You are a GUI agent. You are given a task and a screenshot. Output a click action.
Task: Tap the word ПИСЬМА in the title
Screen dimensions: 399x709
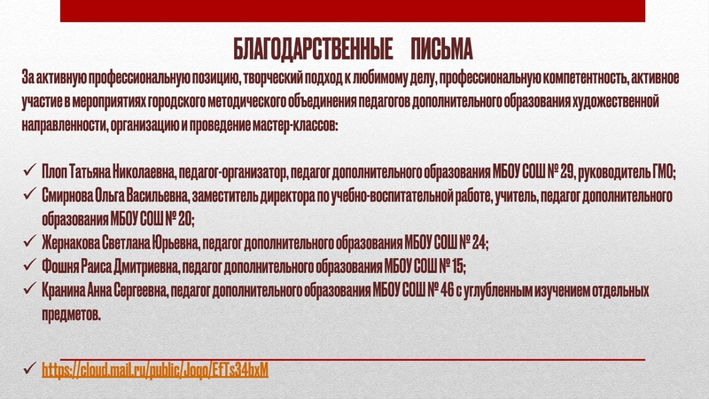tap(442, 47)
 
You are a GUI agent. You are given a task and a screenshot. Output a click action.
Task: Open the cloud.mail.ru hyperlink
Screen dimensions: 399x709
tap(155, 368)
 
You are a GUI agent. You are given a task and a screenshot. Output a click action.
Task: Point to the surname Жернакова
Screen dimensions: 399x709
tap(71, 241)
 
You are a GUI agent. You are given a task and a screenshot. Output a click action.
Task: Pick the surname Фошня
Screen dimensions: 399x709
tap(59, 265)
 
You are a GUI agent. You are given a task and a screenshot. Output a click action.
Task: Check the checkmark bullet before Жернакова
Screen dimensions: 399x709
tap(30, 241)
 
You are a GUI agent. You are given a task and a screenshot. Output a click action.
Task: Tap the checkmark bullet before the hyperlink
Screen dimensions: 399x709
tap(30, 367)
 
